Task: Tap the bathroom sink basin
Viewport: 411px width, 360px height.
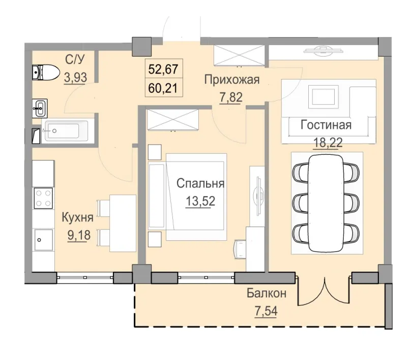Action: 39,107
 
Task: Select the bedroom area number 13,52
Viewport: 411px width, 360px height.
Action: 200,200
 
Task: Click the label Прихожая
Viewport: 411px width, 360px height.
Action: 232,79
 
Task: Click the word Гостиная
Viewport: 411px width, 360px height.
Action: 326,124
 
